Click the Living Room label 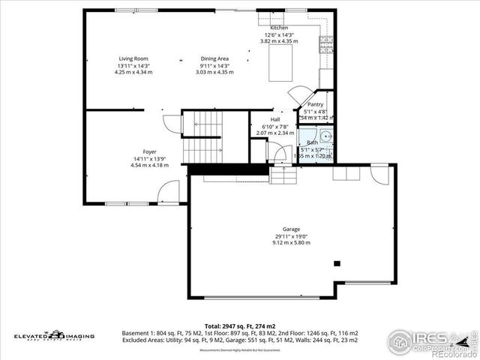[133, 58]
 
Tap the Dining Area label [214, 58]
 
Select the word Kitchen [278, 28]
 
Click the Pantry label [315, 105]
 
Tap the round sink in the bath [324, 136]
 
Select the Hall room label [275, 119]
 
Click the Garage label [291, 229]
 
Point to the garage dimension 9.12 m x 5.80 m [291, 243]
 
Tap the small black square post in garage [337, 263]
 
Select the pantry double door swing [299, 95]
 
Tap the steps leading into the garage [283, 175]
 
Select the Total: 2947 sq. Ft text [239, 324]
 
